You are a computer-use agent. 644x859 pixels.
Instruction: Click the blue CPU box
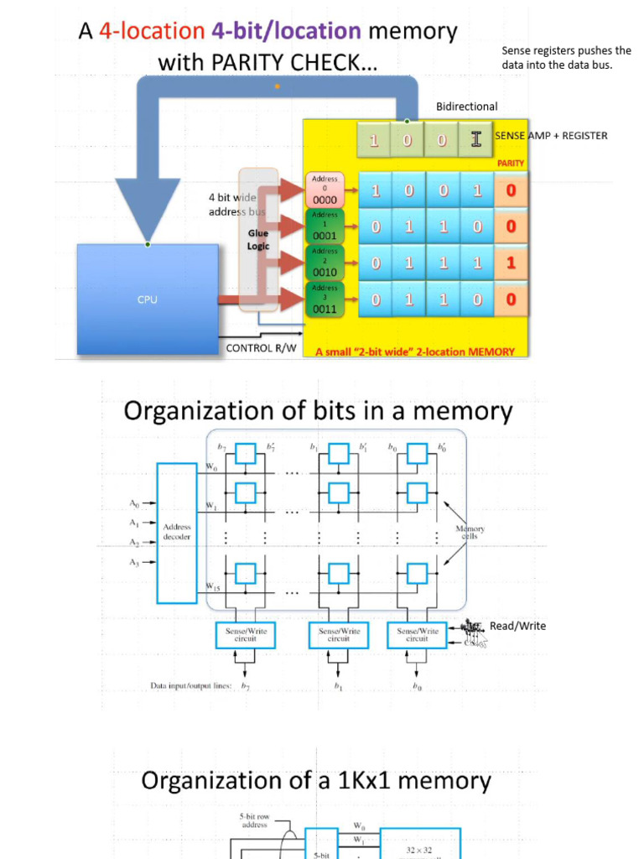(x=148, y=299)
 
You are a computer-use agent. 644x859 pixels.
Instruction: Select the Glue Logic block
(x=258, y=240)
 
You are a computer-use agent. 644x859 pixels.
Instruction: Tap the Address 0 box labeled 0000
(x=325, y=190)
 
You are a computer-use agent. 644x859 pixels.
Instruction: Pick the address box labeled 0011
(x=325, y=299)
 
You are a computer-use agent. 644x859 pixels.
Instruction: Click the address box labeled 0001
(x=325, y=226)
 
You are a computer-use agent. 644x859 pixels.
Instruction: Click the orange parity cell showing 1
(x=511, y=263)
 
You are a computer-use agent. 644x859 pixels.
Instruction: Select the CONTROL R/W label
(x=261, y=347)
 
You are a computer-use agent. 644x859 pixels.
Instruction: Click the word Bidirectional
(x=466, y=107)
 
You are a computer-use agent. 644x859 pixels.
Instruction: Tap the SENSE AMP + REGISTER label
(x=551, y=136)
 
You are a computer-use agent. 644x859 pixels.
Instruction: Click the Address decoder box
(x=177, y=533)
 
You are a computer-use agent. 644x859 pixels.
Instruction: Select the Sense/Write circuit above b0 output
(x=417, y=635)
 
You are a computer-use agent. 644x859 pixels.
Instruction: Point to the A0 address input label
(x=135, y=503)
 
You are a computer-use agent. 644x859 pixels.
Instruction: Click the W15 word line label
(x=214, y=588)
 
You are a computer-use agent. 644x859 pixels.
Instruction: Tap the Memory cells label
(x=470, y=533)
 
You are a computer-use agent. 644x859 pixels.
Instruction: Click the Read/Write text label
(x=517, y=626)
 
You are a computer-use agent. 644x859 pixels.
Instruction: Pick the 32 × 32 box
(x=419, y=849)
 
